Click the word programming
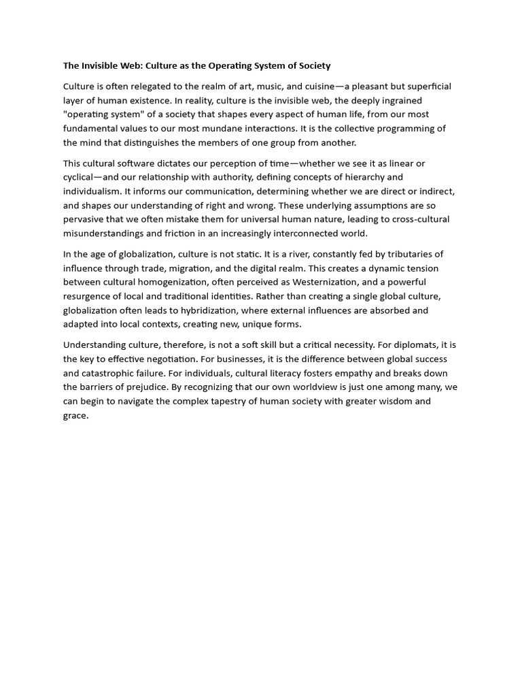394,129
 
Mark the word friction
192,233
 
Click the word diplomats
417,345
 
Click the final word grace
75,415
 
